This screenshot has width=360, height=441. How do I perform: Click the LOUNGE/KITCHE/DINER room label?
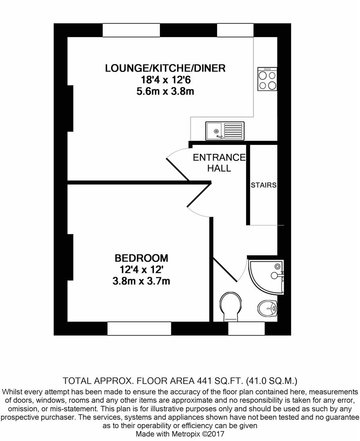pos(165,68)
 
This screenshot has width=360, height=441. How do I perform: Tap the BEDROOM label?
pos(141,258)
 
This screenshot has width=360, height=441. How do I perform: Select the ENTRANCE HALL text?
pos(219,163)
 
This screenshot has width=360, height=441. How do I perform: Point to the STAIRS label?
pos(264,185)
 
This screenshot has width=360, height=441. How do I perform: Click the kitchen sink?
pos(225,131)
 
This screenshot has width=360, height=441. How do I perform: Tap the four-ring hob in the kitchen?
pos(267,79)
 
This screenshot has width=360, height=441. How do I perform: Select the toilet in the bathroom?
pos(231,307)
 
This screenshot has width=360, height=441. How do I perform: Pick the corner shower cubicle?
pos(266,277)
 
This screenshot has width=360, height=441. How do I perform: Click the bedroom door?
pos(199,196)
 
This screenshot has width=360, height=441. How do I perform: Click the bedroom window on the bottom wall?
pos(140,328)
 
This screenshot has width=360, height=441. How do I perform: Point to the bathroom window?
pos(247,328)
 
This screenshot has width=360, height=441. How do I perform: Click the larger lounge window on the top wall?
pos(131,30)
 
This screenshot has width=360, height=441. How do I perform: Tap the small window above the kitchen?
pos(235,30)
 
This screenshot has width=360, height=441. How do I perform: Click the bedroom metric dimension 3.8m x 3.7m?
pos(141,281)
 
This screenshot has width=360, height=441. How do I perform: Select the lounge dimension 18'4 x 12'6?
pos(166,80)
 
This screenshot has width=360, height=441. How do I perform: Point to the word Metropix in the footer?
pos(186,434)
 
